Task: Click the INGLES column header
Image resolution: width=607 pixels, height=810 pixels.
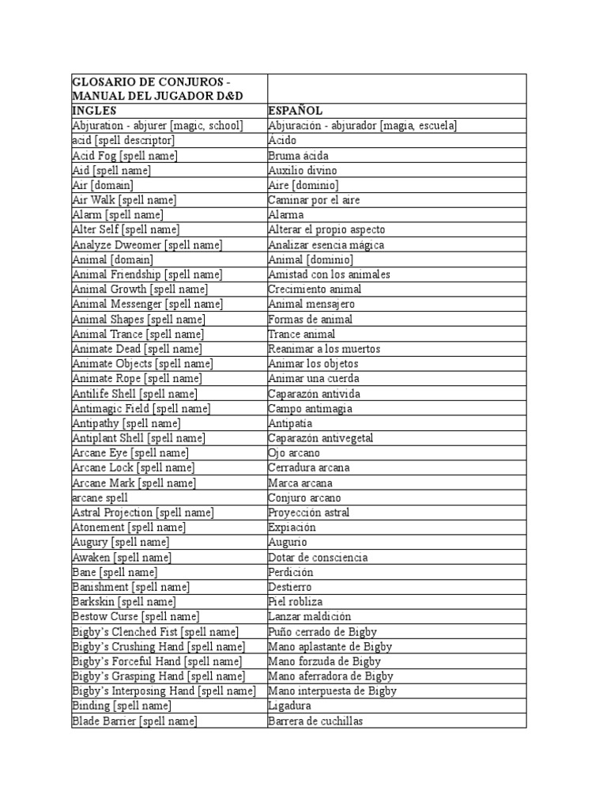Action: click(94, 111)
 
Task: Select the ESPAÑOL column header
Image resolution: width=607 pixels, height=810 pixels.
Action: click(295, 111)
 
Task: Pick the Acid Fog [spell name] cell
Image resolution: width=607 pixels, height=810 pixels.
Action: click(125, 156)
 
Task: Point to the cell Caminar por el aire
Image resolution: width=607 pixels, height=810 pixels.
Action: click(314, 200)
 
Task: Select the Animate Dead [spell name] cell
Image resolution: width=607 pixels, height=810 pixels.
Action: click(137, 349)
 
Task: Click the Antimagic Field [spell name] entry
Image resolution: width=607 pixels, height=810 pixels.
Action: click(141, 409)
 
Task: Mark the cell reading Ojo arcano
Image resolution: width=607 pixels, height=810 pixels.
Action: click(294, 453)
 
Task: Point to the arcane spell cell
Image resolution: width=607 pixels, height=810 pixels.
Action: click(100, 498)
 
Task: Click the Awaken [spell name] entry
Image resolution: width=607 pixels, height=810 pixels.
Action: click(122, 558)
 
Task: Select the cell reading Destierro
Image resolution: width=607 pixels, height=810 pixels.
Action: click(290, 587)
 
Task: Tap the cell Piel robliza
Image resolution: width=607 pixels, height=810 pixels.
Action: click(296, 602)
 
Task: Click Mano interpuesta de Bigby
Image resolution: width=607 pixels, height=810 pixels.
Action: click(332, 691)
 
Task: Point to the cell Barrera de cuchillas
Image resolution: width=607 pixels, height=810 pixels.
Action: click(315, 721)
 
